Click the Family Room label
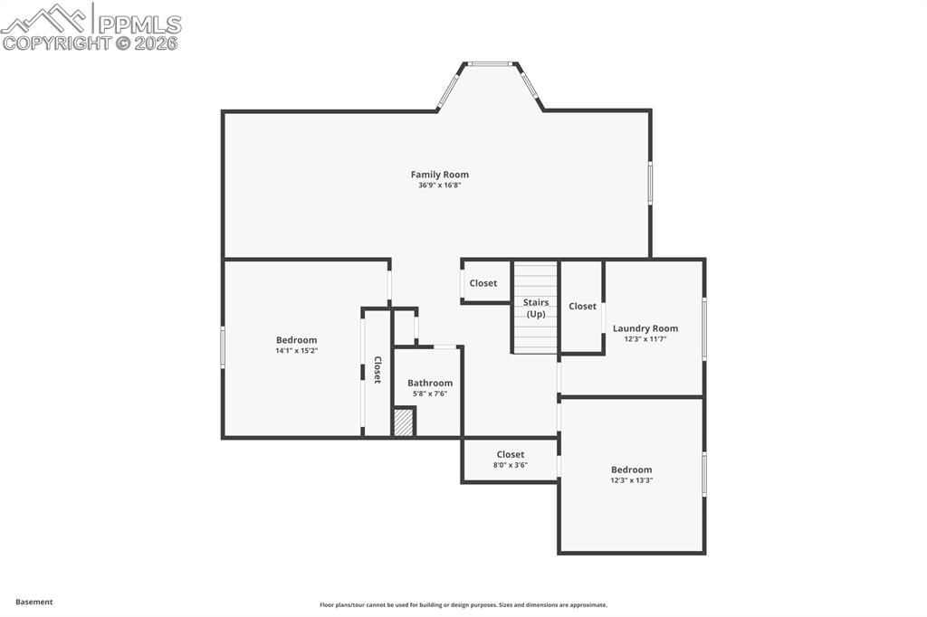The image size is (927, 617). click(440, 175)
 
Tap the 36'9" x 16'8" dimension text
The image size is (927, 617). click(440, 185)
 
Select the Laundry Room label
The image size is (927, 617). click(645, 328)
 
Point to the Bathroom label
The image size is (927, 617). click(430, 383)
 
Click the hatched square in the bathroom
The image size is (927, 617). click(404, 422)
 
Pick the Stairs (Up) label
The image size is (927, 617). click(536, 308)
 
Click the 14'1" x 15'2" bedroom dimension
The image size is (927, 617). click(297, 350)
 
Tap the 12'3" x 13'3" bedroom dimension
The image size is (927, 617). click(631, 480)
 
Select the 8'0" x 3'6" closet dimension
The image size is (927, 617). click(511, 465)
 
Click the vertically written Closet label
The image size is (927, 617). click(377, 370)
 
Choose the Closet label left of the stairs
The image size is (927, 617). click(483, 283)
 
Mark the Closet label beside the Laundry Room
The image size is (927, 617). click(583, 307)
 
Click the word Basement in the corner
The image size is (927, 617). click(34, 602)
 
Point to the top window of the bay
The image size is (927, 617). click(491, 63)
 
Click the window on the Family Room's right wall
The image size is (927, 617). click(650, 183)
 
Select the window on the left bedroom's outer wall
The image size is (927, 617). click(223, 347)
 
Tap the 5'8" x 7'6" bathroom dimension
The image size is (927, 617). click(430, 394)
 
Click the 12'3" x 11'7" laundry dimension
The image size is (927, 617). click(645, 339)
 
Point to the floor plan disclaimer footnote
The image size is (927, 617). click(463, 605)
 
